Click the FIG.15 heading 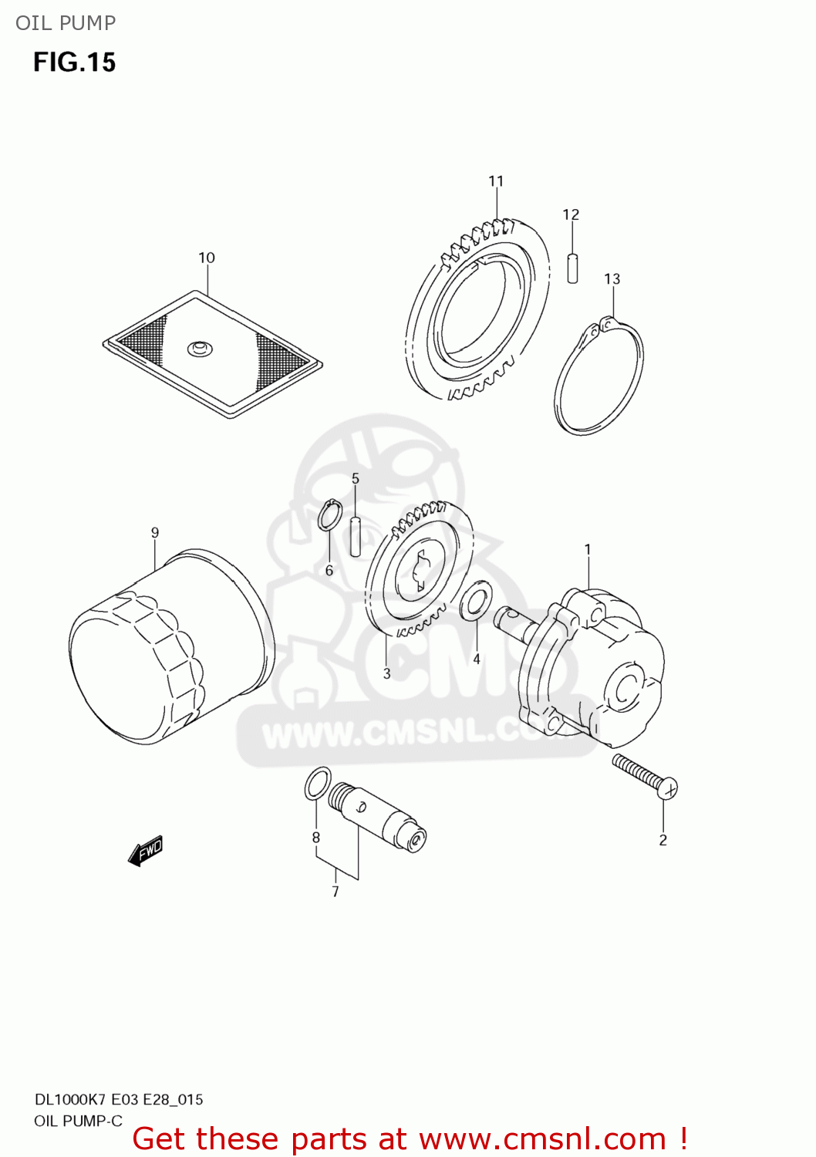pos(74,62)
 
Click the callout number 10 pos(207,258)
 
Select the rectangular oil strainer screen pos(213,353)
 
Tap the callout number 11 pos(496,181)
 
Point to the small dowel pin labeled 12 pos(572,268)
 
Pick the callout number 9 pos(155,532)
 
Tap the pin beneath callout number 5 pos(356,535)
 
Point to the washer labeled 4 pos(476,601)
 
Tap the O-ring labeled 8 pos(318,784)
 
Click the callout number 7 pos(336,892)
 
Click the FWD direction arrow pos(146,851)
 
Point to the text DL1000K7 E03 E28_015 pos(119,1099)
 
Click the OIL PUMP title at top pos(66,23)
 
